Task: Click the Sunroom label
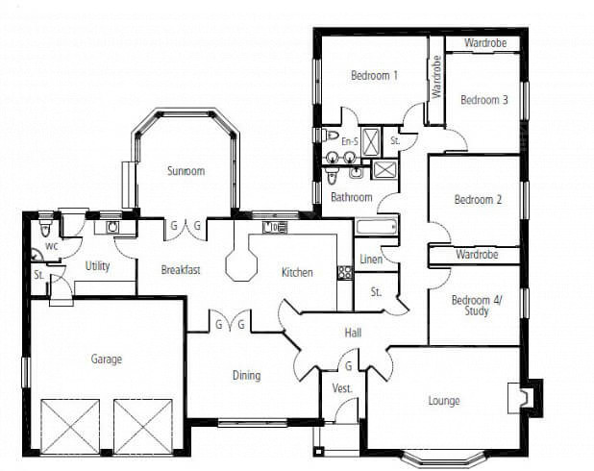(x=186, y=171)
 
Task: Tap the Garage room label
(x=107, y=359)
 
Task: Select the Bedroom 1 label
(x=374, y=75)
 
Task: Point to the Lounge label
(x=444, y=401)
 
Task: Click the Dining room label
(x=247, y=376)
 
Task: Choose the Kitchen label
(x=297, y=272)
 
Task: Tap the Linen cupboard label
(x=371, y=260)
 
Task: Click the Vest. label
(x=342, y=388)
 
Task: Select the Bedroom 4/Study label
(x=477, y=306)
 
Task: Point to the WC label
(x=52, y=246)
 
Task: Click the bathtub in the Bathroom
(x=377, y=228)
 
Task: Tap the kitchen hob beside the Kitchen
(x=345, y=272)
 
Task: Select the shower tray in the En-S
(x=370, y=141)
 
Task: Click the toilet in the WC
(x=46, y=227)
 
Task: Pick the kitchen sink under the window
(x=274, y=228)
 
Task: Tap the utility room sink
(x=112, y=228)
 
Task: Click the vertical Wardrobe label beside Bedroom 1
(x=436, y=77)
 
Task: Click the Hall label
(x=353, y=334)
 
